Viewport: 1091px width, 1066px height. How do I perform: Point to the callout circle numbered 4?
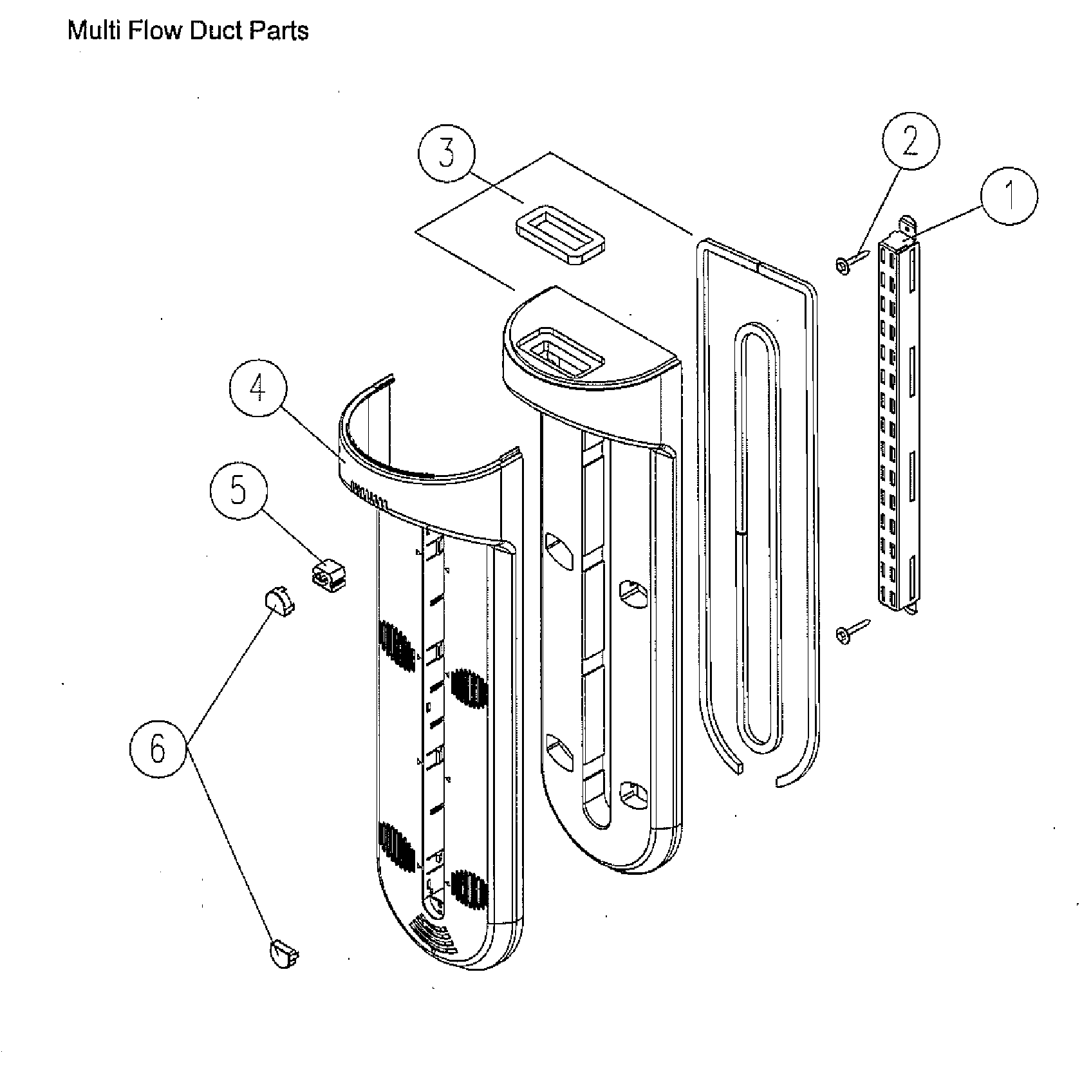[x=258, y=389]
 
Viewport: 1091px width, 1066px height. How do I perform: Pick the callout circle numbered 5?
[x=239, y=492]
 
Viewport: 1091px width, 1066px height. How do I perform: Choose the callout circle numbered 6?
[x=158, y=749]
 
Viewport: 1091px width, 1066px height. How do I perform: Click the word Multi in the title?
[x=94, y=30]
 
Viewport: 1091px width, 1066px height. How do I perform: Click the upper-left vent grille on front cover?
[x=395, y=646]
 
